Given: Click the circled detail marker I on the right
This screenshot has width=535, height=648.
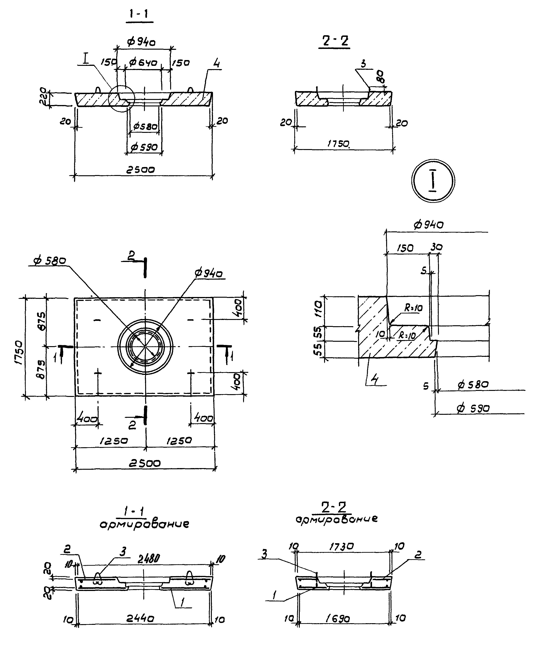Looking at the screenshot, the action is pos(433,181).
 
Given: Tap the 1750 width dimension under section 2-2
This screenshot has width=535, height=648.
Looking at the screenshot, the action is pos(338,144).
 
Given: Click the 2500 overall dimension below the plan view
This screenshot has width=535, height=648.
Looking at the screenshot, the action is pos(145,463).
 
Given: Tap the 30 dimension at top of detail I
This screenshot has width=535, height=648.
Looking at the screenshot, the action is pos(436,247).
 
